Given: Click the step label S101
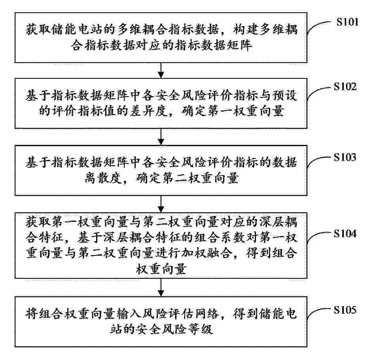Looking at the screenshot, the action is pos(347,22).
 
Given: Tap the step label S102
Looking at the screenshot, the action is pos(345,86).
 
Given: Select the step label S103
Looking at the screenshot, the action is pos(345,157).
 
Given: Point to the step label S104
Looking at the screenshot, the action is pos(345,233).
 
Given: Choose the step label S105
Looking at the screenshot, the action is pos(345,310).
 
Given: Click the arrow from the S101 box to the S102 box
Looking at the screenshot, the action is pos(161,70).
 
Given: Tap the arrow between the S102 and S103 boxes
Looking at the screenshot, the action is pos(161,137).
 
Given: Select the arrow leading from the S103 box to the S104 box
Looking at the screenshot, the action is pos(161,204).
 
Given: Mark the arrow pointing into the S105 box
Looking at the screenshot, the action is pos(161,288).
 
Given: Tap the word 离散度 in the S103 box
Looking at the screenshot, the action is pos(103,178).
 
